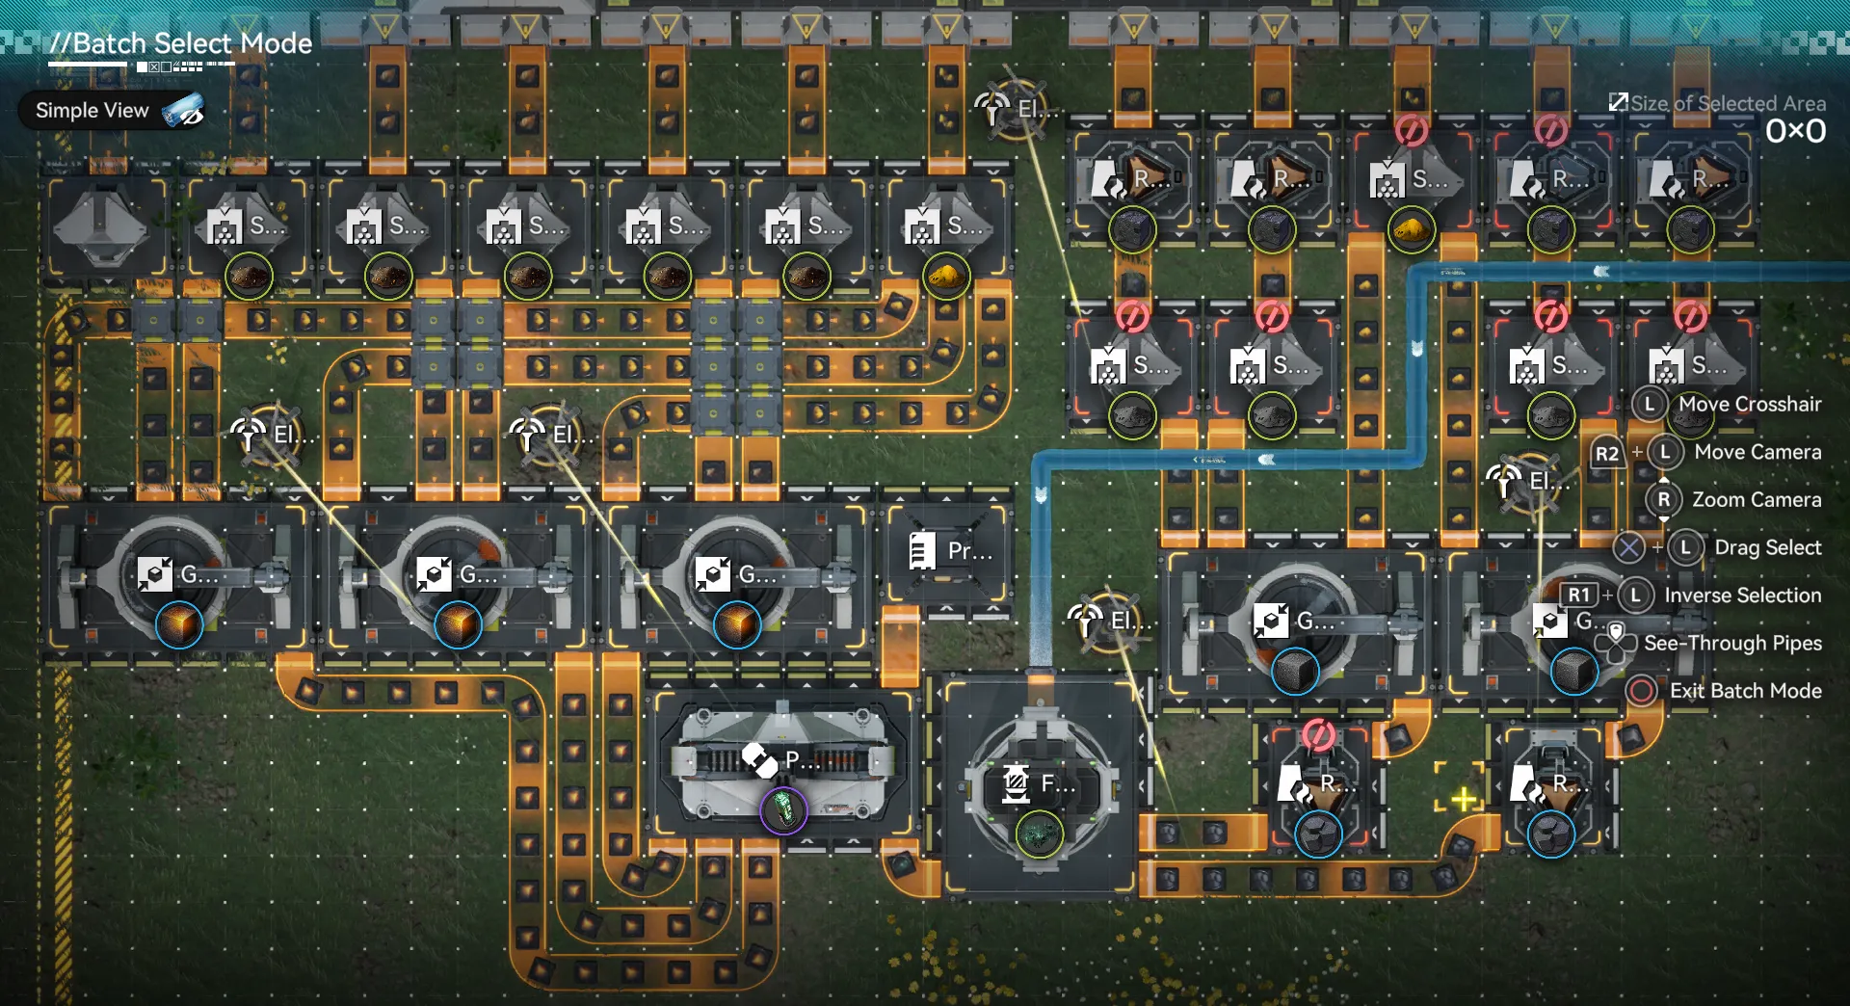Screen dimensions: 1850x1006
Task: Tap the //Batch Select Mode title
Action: click(181, 43)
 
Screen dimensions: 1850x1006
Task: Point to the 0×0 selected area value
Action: click(1795, 131)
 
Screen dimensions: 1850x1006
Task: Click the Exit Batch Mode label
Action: click(1745, 691)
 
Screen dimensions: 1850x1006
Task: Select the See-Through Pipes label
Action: click(1732, 643)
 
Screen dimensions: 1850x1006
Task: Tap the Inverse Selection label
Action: click(1742, 596)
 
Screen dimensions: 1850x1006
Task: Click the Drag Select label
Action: click(1767, 547)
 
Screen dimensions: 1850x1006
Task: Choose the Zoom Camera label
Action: click(1757, 500)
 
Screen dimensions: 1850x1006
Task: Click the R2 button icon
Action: click(1606, 453)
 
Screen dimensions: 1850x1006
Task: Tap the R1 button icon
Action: click(1578, 596)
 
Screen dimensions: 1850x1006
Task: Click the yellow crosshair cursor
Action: click(1463, 799)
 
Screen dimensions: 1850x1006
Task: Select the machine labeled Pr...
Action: click(949, 552)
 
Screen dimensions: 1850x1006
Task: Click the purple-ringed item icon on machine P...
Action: click(783, 810)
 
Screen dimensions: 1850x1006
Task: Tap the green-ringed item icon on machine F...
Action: click(1039, 834)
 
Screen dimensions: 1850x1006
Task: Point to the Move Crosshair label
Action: click(1750, 405)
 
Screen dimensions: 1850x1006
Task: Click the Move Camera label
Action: click(1757, 452)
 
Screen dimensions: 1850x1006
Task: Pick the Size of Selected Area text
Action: click(1728, 103)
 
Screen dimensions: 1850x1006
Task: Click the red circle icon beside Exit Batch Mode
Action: click(1642, 691)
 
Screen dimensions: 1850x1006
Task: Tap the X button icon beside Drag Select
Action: click(1628, 548)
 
